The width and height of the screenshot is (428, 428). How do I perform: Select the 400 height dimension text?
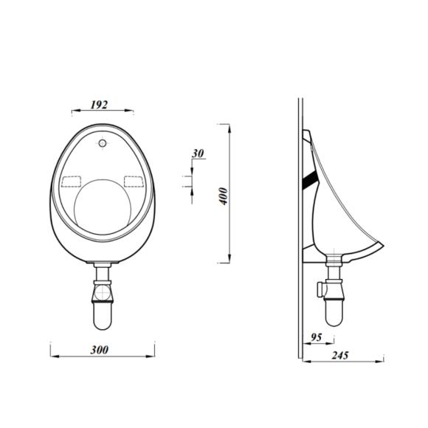point(224,195)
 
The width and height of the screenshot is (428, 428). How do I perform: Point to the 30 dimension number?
point(197,153)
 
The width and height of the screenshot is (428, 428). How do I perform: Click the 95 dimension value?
point(317,337)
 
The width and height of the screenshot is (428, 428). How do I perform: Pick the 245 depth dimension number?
point(340,355)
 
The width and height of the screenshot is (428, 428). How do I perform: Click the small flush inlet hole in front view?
point(102,141)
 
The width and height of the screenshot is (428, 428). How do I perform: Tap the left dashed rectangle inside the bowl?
point(72,181)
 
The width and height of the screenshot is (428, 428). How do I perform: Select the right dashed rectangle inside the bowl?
point(134,181)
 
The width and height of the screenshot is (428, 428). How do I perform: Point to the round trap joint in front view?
point(102,293)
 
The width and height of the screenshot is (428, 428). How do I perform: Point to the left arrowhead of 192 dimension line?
point(73,112)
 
